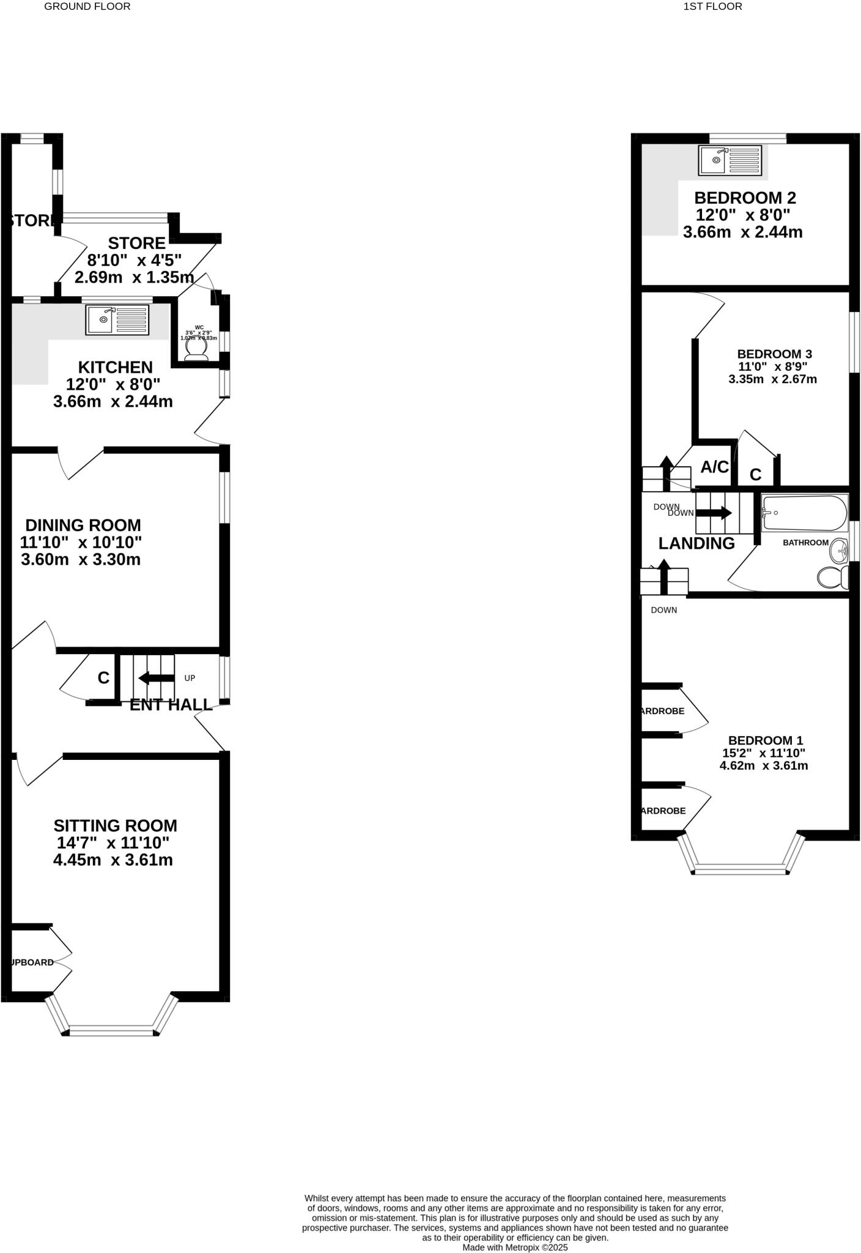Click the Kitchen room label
click(x=115, y=367)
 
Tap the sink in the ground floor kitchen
click(x=117, y=319)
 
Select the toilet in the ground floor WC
click(x=196, y=350)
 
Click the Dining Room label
click(x=83, y=525)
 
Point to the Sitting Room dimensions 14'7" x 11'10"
click(x=113, y=842)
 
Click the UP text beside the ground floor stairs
click(x=190, y=678)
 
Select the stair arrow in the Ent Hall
click(x=156, y=678)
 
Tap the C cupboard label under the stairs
click(x=103, y=678)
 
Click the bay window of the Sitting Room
click(x=111, y=1032)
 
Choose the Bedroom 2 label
click(x=745, y=198)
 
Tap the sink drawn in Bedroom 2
click(x=730, y=160)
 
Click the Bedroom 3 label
click(x=774, y=354)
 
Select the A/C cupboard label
click(x=714, y=467)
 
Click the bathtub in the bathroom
click(x=804, y=513)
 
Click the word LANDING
click(x=696, y=543)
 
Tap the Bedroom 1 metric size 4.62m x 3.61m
click(x=764, y=765)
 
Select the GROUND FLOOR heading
click(x=87, y=7)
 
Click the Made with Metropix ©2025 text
click(x=515, y=1247)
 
